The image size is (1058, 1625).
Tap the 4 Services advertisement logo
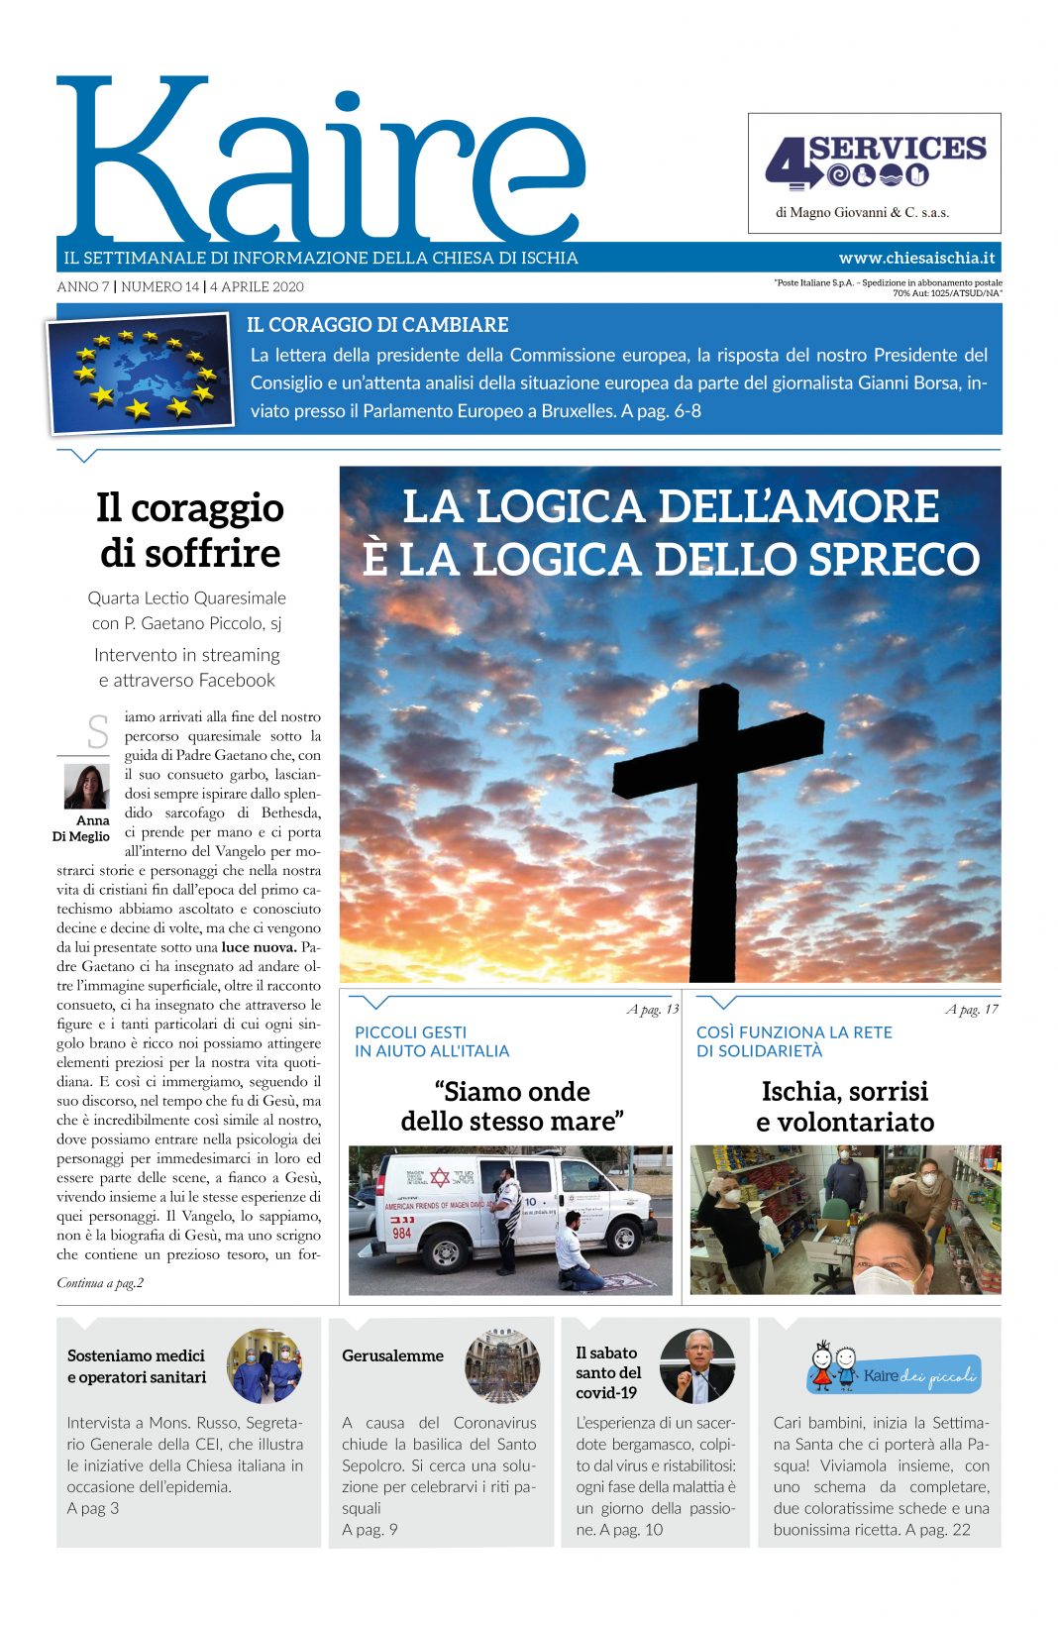(875, 162)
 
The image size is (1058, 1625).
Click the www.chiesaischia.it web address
(916, 258)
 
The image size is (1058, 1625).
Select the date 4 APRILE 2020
(257, 287)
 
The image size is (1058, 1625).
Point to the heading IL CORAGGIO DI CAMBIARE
(377, 325)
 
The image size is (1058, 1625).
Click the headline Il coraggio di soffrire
(189, 530)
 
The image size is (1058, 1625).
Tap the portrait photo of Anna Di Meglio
(86, 787)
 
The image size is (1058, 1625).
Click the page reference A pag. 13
(653, 1010)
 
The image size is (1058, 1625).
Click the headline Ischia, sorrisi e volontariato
(845, 1107)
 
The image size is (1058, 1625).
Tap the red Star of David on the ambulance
(439, 1177)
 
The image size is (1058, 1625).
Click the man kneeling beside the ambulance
(577, 1255)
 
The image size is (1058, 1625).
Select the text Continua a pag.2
(100, 1283)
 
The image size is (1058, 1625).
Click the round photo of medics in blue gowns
(264, 1366)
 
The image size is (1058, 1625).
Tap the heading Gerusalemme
(392, 1355)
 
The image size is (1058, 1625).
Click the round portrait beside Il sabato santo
(697, 1366)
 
